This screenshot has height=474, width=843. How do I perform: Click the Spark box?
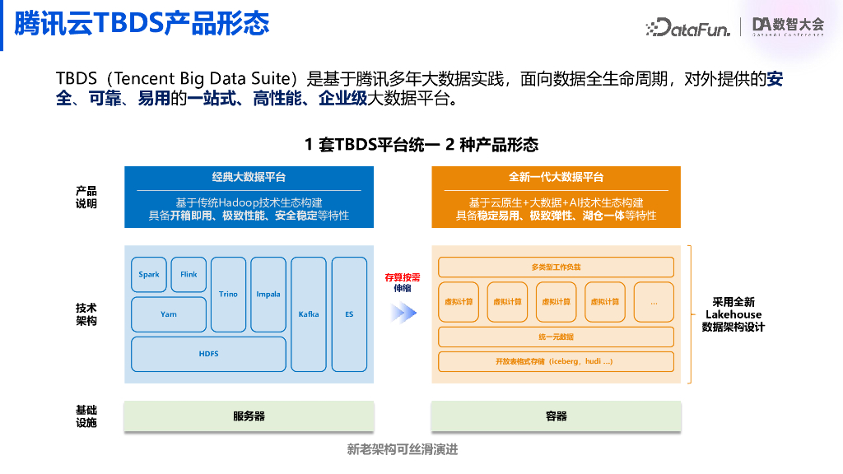click(149, 275)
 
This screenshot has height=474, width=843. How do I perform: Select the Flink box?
click(189, 275)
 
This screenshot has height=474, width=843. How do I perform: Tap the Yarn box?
click(169, 314)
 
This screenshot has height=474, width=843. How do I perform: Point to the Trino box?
click(228, 295)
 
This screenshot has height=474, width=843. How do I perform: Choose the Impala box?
click(268, 295)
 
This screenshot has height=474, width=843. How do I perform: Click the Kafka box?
click(309, 314)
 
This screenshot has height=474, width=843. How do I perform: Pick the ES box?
click(349, 314)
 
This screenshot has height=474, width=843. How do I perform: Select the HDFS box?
click(208, 354)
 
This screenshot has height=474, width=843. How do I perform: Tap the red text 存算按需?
click(402, 277)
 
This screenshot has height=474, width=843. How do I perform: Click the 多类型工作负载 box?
click(556, 267)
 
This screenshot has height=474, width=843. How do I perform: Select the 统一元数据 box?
click(556, 337)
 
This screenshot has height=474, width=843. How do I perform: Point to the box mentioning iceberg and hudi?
click(556, 361)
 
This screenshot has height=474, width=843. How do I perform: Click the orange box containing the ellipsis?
click(654, 302)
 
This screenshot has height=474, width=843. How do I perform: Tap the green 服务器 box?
click(249, 416)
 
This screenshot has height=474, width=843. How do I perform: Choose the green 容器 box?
click(556, 416)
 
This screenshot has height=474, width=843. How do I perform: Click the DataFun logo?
click(688, 27)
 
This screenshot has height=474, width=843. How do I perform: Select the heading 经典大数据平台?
click(249, 178)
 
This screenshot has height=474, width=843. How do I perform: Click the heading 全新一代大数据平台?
click(556, 178)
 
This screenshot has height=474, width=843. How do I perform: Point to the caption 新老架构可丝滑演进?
click(402, 449)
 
